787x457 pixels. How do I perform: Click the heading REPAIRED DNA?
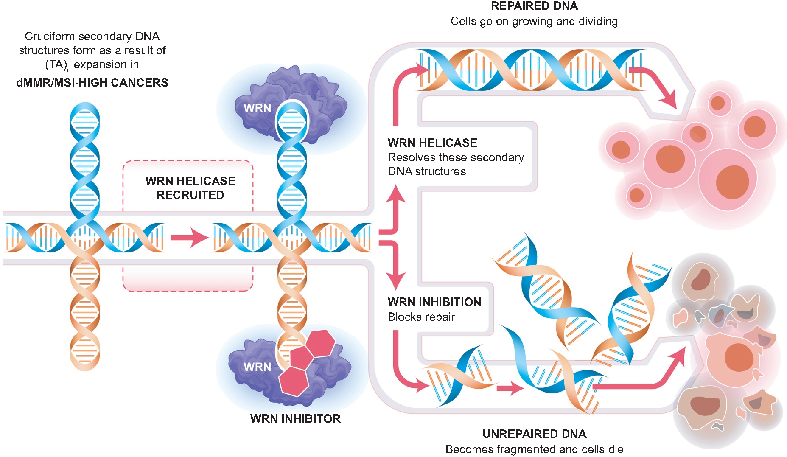[x=534, y=6]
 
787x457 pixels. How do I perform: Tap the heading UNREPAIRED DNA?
[x=534, y=434]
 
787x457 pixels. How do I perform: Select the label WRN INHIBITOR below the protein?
[x=295, y=418]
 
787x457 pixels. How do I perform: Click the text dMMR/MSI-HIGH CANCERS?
[x=92, y=82]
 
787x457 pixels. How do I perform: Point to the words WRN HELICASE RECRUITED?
[x=190, y=188]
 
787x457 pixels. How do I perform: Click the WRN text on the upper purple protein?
[x=257, y=108]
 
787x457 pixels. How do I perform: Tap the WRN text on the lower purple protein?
[x=257, y=367]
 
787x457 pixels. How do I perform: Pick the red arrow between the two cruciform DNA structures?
[x=189, y=238]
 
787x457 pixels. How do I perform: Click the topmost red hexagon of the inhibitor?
[x=321, y=343]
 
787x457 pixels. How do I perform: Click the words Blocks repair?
[x=421, y=317]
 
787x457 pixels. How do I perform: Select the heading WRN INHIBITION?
[x=434, y=302]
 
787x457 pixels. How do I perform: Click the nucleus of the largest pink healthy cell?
[x=732, y=182]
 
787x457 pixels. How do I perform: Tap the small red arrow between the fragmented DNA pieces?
[x=510, y=388]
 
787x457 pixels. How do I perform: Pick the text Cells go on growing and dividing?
[x=534, y=21]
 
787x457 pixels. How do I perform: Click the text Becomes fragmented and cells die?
[x=534, y=449]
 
